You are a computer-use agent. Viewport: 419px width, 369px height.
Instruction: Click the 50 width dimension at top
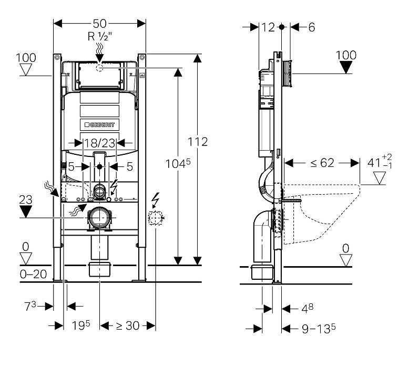[100, 23]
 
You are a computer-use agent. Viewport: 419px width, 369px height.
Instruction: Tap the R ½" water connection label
[100, 36]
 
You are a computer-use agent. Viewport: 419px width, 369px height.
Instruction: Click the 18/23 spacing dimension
[100, 142]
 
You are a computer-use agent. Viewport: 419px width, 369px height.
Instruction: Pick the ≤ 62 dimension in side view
[322, 163]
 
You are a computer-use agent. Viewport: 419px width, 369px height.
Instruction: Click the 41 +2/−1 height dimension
[379, 162]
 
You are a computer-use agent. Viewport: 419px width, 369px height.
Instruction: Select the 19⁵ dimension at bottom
[81, 326]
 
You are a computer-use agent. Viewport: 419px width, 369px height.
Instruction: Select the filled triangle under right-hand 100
[345, 67]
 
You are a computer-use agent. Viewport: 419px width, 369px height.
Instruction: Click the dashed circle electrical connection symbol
[156, 217]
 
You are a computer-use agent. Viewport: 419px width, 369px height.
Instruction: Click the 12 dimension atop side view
[268, 27]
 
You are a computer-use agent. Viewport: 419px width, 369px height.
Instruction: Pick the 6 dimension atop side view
[311, 27]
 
